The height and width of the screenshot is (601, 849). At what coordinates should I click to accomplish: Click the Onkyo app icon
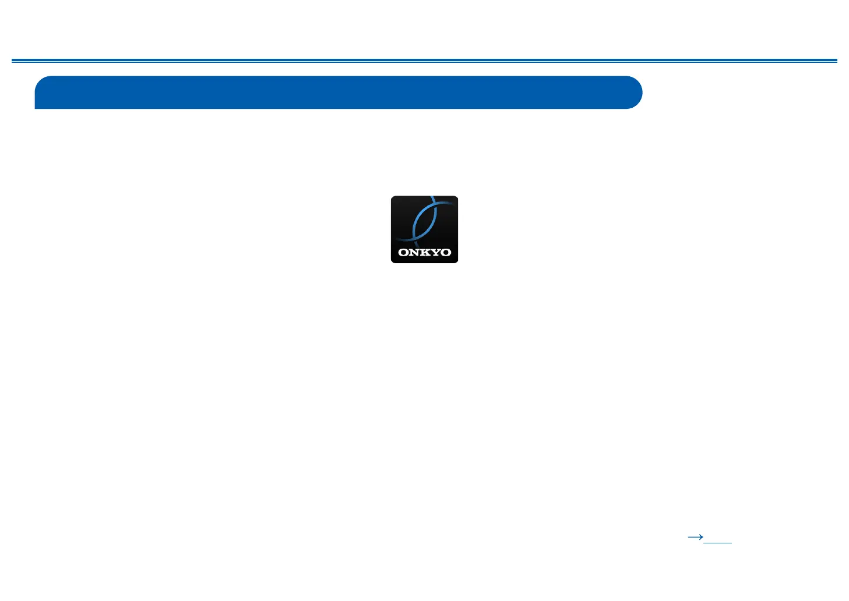pos(424,229)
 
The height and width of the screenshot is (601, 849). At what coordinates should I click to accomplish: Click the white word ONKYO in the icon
pos(424,253)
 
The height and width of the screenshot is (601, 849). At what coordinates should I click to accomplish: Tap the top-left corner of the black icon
pos(392,197)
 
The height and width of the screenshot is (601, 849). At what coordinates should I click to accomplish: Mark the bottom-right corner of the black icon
pos(456,261)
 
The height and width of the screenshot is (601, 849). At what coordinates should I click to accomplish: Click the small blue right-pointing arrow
pos(695,537)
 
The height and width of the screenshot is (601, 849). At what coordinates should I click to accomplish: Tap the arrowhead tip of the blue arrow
pos(702,537)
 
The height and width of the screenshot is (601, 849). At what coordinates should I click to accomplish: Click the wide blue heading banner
pos(338,92)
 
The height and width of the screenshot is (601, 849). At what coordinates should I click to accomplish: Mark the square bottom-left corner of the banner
pos(36,107)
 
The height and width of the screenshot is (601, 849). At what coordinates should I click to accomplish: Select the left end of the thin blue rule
pos(13,61)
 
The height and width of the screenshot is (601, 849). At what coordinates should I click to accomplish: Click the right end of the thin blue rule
pos(836,61)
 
